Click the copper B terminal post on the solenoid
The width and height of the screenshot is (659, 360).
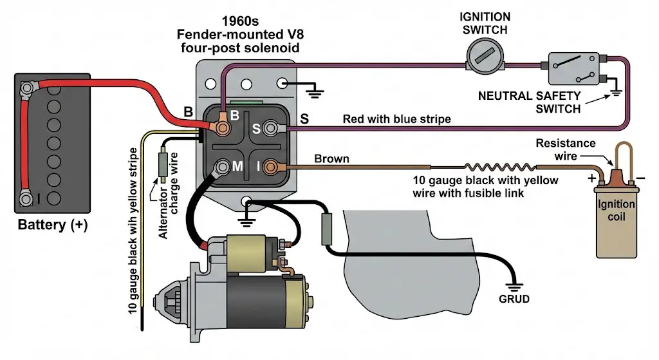(x=222, y=128)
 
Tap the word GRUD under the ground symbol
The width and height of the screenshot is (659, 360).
(x=514, y=299)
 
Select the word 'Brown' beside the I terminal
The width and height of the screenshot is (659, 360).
(x=331, y=158)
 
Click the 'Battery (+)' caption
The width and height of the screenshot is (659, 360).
(x=51, y=225)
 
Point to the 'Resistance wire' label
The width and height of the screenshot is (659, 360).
(x=566, y=149)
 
